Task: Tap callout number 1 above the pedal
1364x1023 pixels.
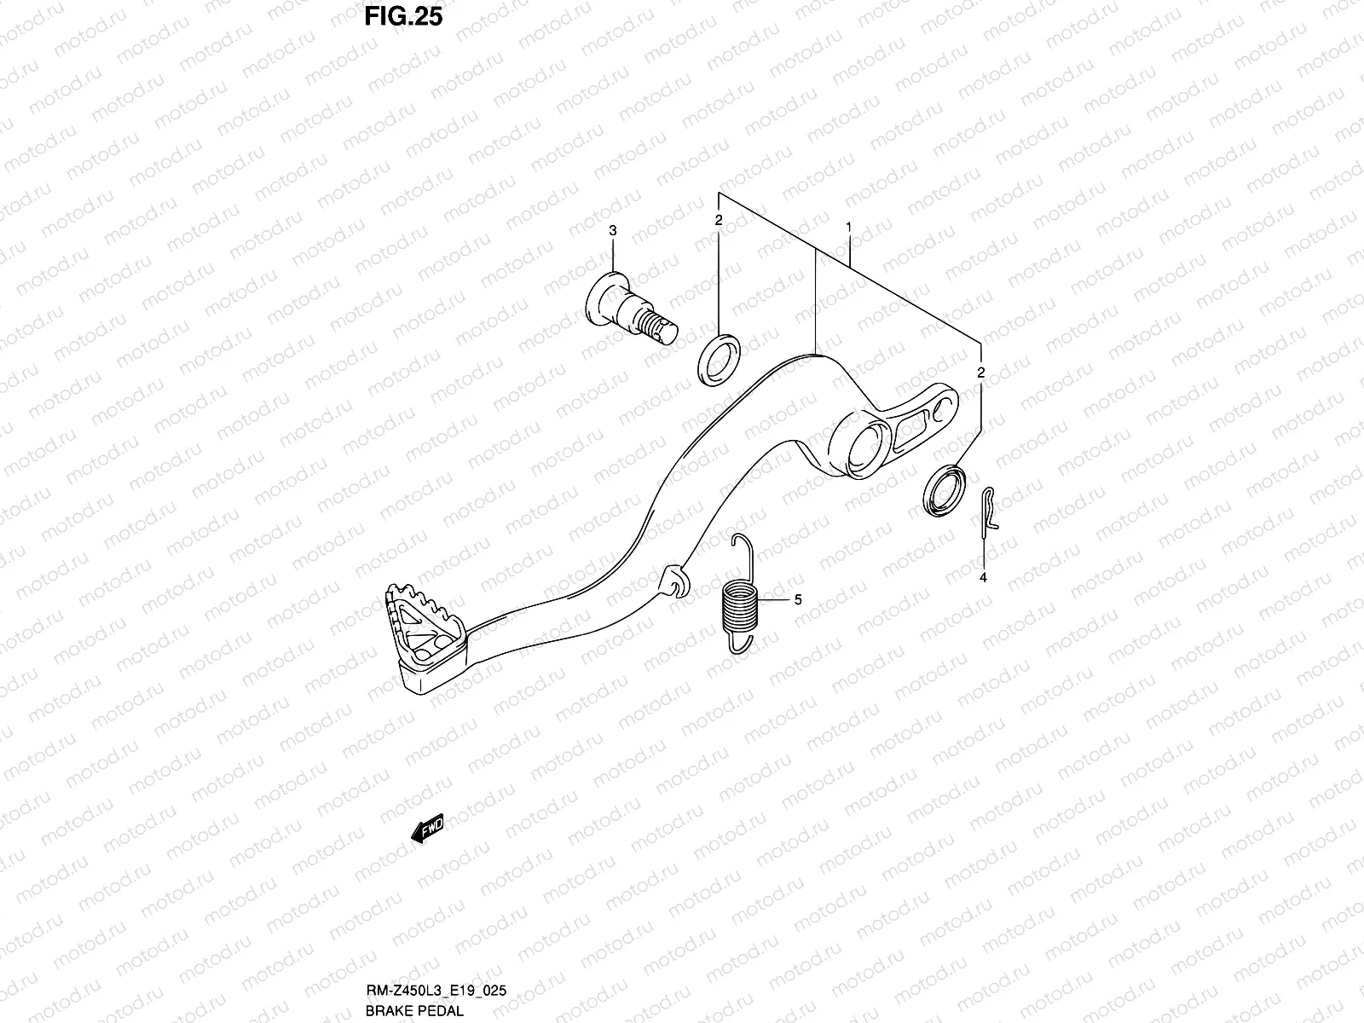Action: [x=849, y=228]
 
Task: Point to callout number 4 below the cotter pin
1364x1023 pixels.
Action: [x=983, y=577]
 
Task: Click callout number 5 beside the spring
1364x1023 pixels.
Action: [x=798, y=600]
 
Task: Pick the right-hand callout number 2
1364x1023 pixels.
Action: [x=981, y=373]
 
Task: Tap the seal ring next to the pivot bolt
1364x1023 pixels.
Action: [x=719, y=356]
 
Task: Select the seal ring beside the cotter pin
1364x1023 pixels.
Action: [x=945, y=491]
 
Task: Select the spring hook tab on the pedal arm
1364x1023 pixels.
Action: [x=673, y=581]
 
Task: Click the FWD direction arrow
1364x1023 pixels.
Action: [x=427, y=829]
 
